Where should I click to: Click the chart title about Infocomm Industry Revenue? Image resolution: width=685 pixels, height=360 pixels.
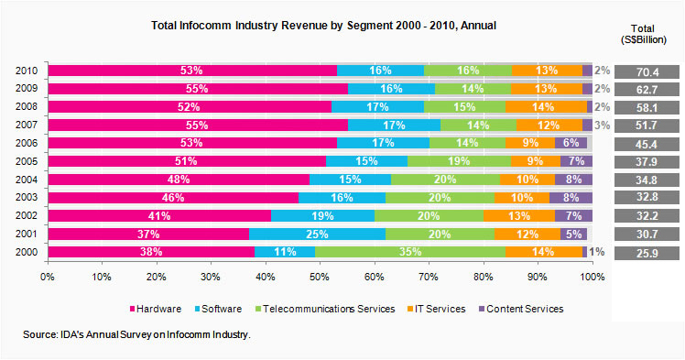pyautogui.click(x=323, y=26)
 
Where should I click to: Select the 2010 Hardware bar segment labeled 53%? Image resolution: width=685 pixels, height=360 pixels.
pyautogui.click(x=192, y=71)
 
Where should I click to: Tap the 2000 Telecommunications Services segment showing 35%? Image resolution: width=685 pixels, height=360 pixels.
pyautogui.click(x=408, y=252)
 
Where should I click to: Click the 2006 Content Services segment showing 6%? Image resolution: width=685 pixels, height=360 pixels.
pyautogui.click(x=571, y=143)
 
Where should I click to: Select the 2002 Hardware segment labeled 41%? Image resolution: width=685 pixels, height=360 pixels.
pyautogui.click(x=159, y=215)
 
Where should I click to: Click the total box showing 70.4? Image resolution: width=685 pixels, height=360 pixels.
pyautogui.click(x=647, y=71)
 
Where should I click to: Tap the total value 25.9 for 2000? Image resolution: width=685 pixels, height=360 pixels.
pyautogui.click(x=647, y=252)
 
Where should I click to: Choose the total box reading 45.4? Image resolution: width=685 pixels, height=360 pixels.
pyautogui.click(x=647, y=143)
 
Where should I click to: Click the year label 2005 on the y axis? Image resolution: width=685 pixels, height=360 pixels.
pyautogui.click(x=26, y=161)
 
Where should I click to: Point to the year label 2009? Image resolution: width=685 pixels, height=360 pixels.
pyautogui.click(x=26, y=89)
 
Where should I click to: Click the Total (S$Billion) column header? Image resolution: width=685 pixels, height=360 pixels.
pyautogui.click(x=647, y=32)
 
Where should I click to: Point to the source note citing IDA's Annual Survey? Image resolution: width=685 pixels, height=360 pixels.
pyautogui.click(x=137, y=337)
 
